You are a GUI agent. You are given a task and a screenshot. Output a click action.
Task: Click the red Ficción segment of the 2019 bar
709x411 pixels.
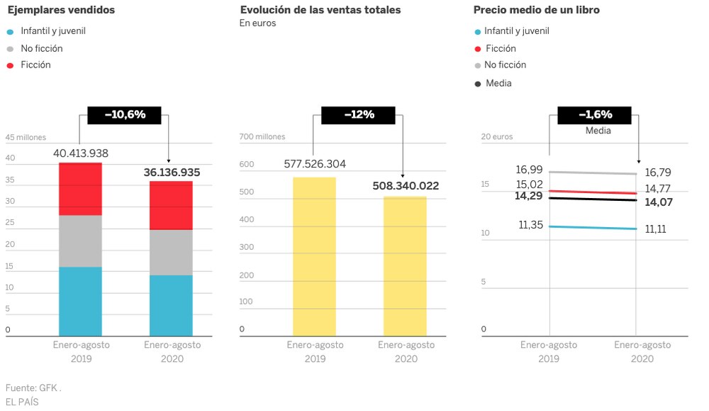[80, 189]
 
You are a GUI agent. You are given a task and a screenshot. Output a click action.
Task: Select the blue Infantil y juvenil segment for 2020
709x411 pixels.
[171, 305]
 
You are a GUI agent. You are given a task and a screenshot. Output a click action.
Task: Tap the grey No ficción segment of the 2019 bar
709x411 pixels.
[80, 241]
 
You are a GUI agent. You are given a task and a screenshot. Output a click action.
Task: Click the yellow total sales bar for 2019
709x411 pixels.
[314, 256]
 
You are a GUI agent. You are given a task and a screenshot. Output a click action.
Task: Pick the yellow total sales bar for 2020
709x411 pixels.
[405, 265]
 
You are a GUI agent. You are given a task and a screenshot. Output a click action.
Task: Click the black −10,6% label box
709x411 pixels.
[124, 114]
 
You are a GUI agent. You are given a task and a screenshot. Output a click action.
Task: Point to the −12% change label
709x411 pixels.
[358, 114]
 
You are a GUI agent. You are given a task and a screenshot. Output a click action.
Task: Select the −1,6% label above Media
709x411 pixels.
[595, 114]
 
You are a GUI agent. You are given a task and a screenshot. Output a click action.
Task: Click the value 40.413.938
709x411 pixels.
[81, 153]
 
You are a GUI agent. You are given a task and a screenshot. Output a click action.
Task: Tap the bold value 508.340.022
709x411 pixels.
[406, 186]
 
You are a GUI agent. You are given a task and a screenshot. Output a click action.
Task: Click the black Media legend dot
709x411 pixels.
[478, 84]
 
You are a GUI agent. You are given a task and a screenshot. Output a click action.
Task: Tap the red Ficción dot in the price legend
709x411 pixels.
[478, 49]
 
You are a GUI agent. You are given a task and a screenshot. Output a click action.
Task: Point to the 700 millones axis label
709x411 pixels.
[262, 137]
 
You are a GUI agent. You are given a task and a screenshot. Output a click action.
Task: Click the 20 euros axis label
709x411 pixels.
[496, 137]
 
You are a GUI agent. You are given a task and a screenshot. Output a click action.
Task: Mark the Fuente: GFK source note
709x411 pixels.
[33, 388]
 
